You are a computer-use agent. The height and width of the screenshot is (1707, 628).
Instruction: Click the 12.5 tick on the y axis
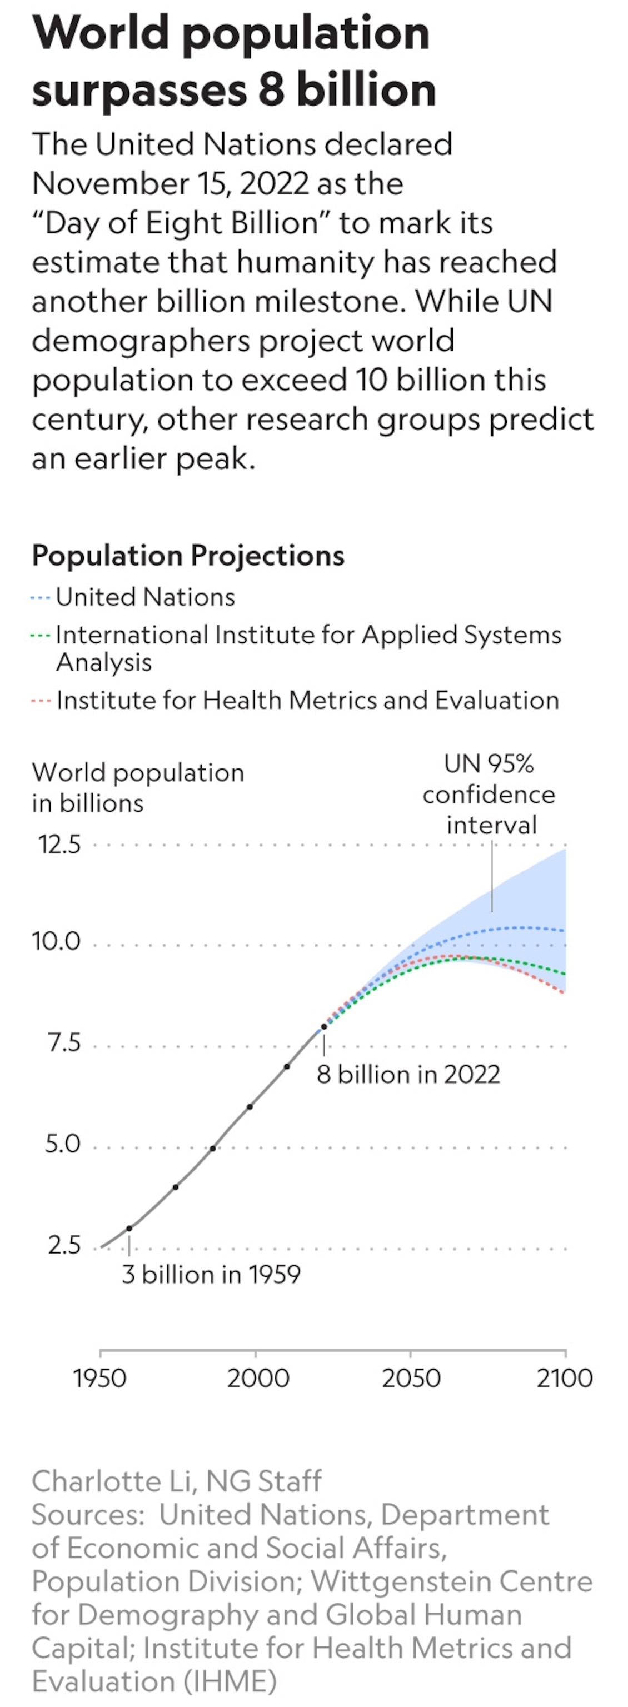pos(59,845)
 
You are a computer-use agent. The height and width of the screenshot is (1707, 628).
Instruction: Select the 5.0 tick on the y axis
pos(63,1145)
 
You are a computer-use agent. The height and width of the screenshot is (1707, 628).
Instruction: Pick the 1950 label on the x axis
pos(99,1378)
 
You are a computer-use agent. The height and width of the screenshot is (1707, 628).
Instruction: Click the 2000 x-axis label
pos(258,1378)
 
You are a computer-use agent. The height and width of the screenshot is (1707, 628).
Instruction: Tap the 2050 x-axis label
pos(411,1378)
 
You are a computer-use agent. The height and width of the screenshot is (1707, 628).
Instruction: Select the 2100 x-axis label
pos(565,1378)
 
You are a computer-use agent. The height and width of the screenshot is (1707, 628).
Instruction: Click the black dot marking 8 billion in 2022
pos(324,1026)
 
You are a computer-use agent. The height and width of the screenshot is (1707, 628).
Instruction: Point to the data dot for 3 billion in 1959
pos(129,1229)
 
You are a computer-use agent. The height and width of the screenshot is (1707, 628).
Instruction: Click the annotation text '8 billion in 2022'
pos(408,1074)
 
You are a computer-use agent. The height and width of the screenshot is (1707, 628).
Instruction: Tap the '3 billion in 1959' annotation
pos(211,1274)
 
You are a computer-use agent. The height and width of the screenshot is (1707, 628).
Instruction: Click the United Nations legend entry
pos(132,597)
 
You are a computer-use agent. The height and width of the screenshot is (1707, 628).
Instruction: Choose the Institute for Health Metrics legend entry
pos(295,701)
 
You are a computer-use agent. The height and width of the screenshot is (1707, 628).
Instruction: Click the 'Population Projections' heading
pos(188,555)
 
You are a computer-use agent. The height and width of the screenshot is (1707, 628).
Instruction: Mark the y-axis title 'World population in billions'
pos(138,788)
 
